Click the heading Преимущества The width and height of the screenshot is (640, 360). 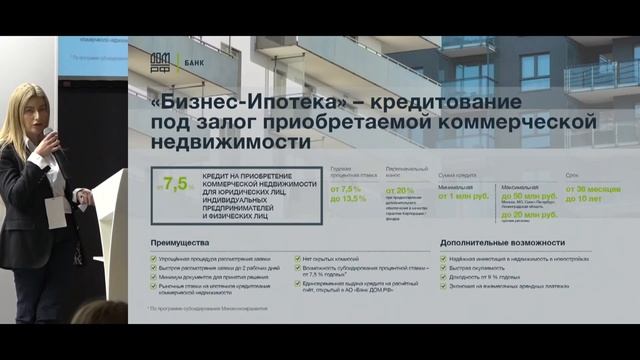click(179, 243)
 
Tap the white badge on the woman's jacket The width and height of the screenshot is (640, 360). click(55, 211)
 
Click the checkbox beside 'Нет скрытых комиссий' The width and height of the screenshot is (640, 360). click(298, 258)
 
